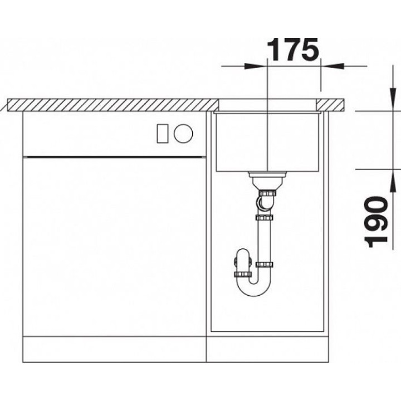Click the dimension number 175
coord(293,50)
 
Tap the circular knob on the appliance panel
coord(183,133)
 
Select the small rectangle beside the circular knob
coord(163,133)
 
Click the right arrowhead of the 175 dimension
coord(331,66)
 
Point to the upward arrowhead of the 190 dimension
coord(392,181)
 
